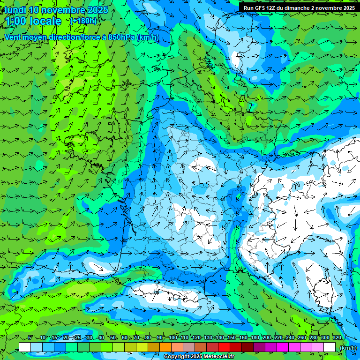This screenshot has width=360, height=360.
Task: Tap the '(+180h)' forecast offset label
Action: pos(83,21)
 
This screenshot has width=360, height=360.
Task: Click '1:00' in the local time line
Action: pos(16,21)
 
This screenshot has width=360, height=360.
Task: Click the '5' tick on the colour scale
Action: pos(30,337)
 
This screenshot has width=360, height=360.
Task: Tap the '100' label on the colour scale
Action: pos(173,337)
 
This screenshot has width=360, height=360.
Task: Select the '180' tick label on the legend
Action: pos(255,337)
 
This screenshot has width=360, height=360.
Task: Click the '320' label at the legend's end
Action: pos(337,337)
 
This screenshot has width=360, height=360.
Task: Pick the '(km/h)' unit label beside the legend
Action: pos(348,348)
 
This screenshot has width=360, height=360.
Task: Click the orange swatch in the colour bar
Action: pos(165,347)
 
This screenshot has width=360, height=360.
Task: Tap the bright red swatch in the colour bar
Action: pos(224,347)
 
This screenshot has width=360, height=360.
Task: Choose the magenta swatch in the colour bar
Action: pos(283,347)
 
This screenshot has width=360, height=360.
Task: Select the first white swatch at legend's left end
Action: pos(25,347)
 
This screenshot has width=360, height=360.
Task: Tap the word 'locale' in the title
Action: pos(44,21)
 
